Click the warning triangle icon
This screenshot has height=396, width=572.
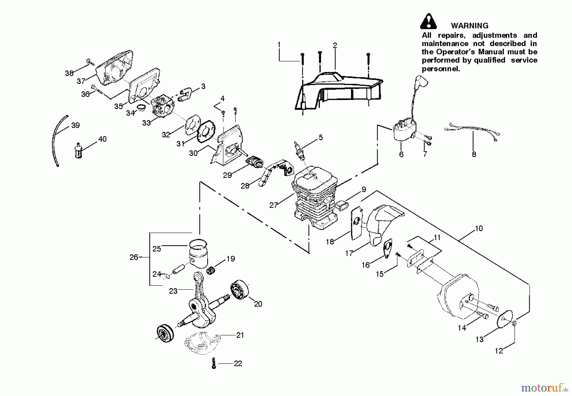pyautogui.click(x=428, y=22)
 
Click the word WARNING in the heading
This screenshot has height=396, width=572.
pyautogui.click(x=469, y=26)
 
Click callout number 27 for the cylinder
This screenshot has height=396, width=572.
pyautogui.click(x=274, y=205)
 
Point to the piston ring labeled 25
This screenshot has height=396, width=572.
pyautogui.click(x=198, y=244)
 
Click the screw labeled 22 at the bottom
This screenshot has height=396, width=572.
pyautogui.click(x=214, y=363)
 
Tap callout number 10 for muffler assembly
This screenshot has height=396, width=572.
pyautogui.click(x=479, y=228)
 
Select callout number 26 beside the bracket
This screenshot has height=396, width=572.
pyautogui.click(x=134, y=257)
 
